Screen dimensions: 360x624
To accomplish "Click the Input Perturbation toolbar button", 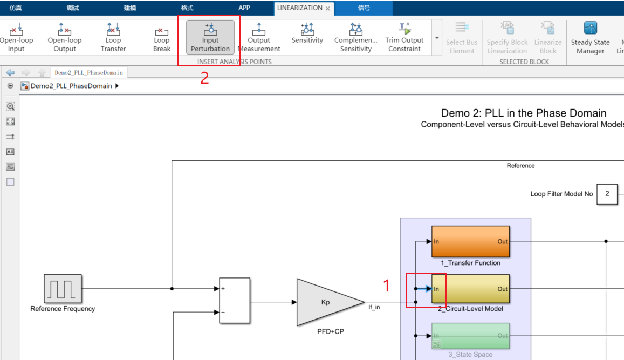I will point(210,37).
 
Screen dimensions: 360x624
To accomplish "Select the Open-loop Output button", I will point(65,37).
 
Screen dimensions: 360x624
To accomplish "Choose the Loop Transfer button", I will point(113,37).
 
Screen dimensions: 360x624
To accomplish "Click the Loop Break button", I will point(162,37).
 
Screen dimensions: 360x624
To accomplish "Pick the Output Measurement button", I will point(259,37).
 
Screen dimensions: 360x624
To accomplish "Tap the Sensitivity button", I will point(307,33).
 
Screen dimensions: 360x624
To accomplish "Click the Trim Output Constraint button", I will point(404,37).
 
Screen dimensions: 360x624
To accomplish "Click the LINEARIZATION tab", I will point(299,8).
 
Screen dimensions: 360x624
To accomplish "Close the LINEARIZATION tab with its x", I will point(327,9).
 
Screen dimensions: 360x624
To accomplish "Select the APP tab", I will point(244,8).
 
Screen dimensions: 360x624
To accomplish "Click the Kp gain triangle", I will point(326,302).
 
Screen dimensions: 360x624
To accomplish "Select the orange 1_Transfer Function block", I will point(470,241).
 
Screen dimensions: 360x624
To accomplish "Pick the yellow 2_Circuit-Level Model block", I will point(470,289).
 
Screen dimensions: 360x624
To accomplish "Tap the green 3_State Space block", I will point(470,336).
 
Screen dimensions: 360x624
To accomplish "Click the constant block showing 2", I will point(607,194).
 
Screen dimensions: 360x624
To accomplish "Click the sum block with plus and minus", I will point(235,301).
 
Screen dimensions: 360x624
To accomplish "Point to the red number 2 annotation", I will point(204,79).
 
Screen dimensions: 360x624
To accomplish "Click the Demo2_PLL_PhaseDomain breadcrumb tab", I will point(88,73).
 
